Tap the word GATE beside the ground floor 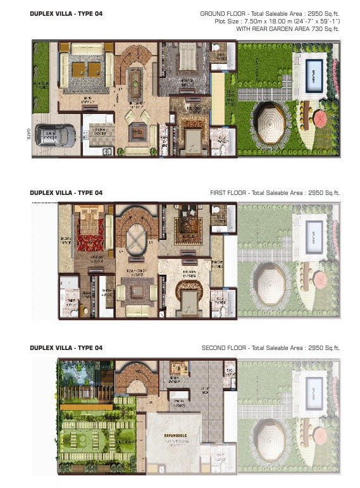(28, 135)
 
